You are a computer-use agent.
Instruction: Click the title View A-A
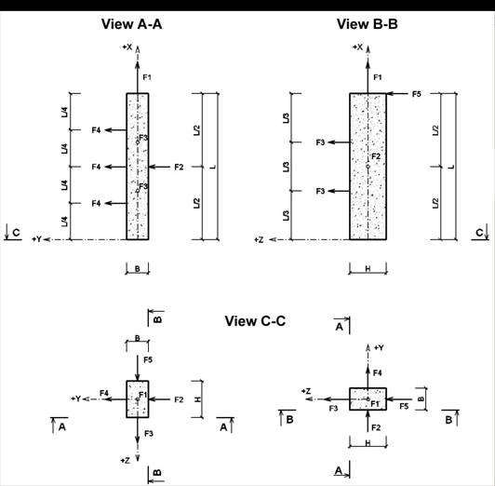[x=131, y=24]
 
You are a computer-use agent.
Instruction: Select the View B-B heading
[x=367, y=24]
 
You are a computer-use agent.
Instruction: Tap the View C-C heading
[x=255, y=321]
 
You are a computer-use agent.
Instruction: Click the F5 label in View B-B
[x=417, y=94]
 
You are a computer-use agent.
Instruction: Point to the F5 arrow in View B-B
[x=397, y=94]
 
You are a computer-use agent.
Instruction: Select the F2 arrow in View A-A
[x=159, y=167]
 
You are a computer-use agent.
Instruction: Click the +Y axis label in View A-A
[x=36, y=239]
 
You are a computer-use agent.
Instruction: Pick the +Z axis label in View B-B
[x=259, y=240]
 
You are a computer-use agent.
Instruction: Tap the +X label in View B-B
[x=357, y=47]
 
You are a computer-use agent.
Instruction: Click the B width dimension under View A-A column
[x=138, y=269]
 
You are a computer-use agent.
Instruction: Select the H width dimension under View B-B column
[x=368, y=269]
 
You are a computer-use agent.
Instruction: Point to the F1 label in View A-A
[x=147, y=77]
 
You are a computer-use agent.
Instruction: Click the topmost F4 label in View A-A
[x=96, y=130]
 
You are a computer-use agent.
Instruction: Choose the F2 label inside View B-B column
[x=376, y=156]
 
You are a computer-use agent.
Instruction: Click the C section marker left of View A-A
[x=13, y=233]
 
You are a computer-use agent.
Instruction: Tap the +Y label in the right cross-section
[x=379, y=348]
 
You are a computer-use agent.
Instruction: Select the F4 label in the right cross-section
[x=377, y=373]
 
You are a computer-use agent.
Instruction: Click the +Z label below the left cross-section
[x=125, y=461]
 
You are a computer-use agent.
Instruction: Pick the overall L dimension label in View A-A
[x=213, y=167]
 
